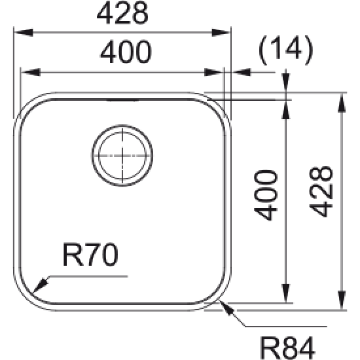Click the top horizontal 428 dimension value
(122, 12)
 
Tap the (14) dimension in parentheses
(285, 50)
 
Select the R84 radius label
(287, 344)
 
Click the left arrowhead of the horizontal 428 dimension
(17, 31)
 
